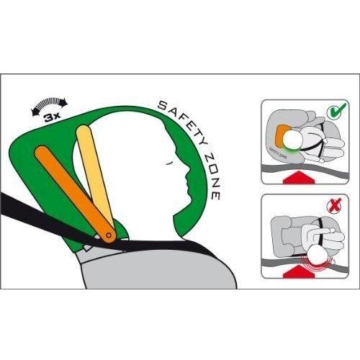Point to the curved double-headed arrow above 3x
50,103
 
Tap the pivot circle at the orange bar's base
109,235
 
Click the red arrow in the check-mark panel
299,178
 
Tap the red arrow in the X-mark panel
299,272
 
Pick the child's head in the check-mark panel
293,140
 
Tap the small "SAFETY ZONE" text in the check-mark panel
279,153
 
